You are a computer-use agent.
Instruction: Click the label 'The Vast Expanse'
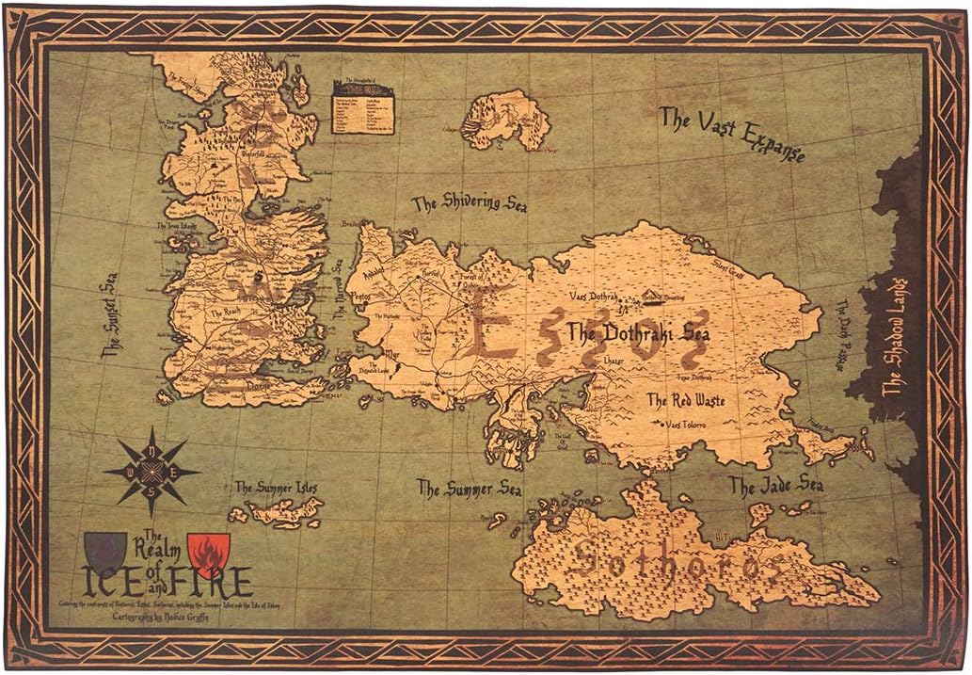[x=731, y=133]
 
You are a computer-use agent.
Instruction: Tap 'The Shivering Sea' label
[x=470, y=204]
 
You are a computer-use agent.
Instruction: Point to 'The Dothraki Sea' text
[x=637, y=332]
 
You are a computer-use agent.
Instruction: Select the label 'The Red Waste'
[x=684, y=400]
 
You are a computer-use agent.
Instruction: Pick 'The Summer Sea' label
[x=469, y=490]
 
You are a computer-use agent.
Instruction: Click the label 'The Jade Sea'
[x=776, y=486]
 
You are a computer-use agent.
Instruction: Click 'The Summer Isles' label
[x=276, y=488]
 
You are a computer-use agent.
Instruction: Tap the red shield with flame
[x=208, y=554]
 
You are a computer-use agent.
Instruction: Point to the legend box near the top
[x=362, y=106]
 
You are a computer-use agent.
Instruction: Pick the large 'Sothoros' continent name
[x=677, y=563]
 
